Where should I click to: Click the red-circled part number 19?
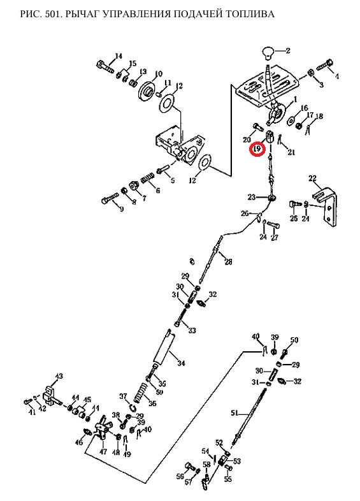[x=258, y=149]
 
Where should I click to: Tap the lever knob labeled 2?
[x=268, y=52]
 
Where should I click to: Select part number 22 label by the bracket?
[x=312, y=178]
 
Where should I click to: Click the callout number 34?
[x=181, y=363]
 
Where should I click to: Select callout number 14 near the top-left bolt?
[x=118, y=56]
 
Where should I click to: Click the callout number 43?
[x=59, y=376]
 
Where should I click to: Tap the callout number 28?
[x=228, y=262]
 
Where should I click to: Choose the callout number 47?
[x=103, y=452]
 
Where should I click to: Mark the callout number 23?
[x=252, y=197]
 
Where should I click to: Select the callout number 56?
[x=180, y=476]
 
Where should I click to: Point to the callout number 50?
[x=294, y=340]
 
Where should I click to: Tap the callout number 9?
[x=122, y=210]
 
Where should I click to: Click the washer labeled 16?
[x=291, y=120]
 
